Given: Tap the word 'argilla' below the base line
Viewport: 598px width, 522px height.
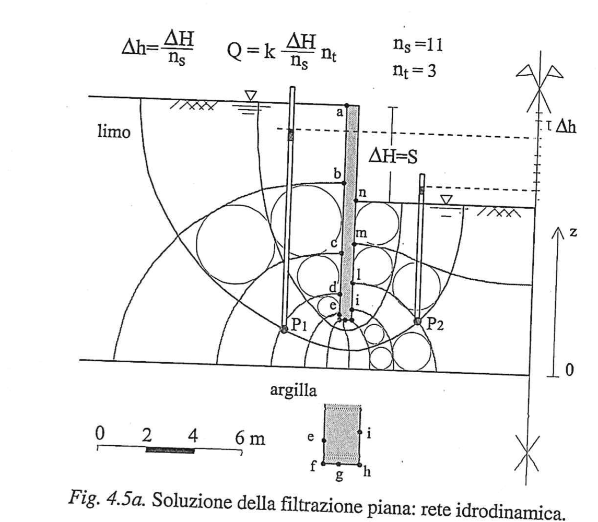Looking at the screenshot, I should tap(294, 389).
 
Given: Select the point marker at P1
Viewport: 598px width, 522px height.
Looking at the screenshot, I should tap(284, 329).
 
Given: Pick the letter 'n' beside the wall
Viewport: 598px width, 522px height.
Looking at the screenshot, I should tap(361, 192).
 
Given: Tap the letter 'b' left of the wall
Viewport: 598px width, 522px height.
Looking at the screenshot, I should tap(337, 172).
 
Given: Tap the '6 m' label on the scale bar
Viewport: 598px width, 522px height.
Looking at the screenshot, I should tap(250, 436).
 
